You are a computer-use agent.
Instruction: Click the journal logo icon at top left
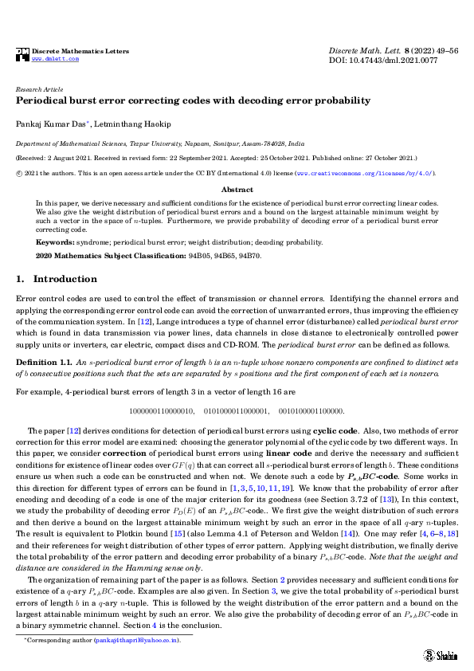[22, 55]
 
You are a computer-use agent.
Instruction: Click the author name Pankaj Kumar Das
[50, 124]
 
